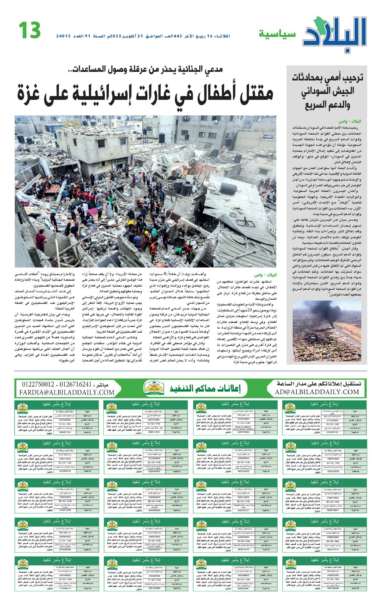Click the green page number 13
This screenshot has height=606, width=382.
tap(30, 30)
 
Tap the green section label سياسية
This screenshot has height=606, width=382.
tap(277, 34)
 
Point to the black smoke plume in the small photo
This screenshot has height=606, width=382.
tap(320, 312)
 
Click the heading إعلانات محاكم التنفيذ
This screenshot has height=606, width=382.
tap(205, 388)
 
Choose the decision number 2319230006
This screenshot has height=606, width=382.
tap(334, 420)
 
